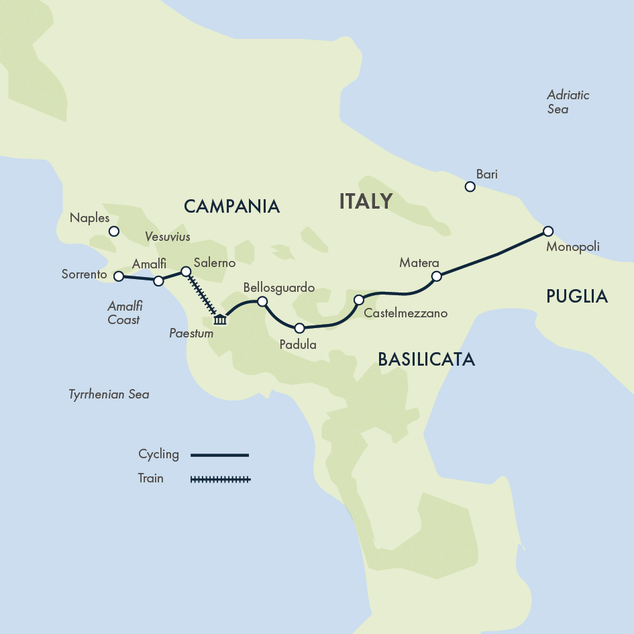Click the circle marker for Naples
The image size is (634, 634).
coord(114,231)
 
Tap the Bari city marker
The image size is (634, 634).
coord(470,187)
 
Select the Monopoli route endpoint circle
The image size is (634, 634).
coord(548,231)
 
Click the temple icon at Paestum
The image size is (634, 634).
coord(220,319)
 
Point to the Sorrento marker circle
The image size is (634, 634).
coord(119,276)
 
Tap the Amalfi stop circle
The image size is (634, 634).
coord(158,280)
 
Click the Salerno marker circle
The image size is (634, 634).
coord(187,272)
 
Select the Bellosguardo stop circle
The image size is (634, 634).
coord(262,301)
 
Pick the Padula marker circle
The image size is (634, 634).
coord(300,328)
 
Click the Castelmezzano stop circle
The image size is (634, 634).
coord(359,299)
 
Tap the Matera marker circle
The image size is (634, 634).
coord(436,276)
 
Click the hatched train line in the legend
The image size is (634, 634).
coord(220,479)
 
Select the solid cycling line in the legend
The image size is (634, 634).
coord(220,455)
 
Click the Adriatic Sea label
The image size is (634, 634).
coord(568,101)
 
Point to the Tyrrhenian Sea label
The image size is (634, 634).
coord(109,394)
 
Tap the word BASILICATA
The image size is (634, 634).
coord(426,360)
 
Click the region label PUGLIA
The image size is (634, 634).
coord(577,296)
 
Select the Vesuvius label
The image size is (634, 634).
coord(168,237)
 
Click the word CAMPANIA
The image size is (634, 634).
coord(231,206)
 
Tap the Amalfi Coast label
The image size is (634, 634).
coord(124,313)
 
